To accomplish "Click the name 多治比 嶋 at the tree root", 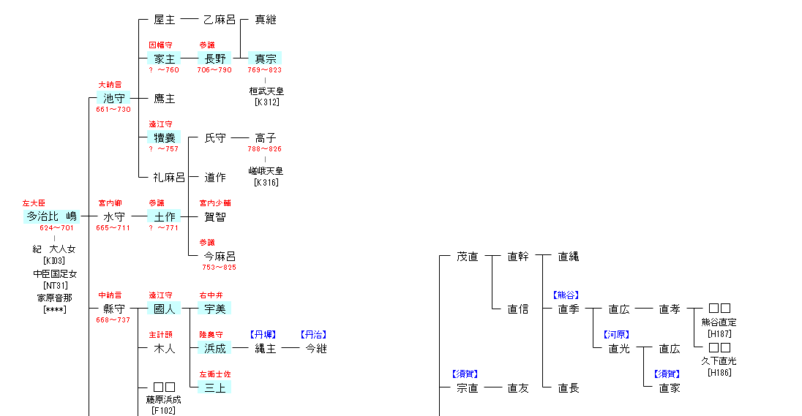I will pos(51,216).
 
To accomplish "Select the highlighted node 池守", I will pos(113,98).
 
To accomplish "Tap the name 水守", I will pos(113,216).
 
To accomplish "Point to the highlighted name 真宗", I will pos(265,58).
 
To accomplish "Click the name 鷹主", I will pos(164,98).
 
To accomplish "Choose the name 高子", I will pos(265,137).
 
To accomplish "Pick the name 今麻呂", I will pos(219,256).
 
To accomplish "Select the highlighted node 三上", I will pos(214,387).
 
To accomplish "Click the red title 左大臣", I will pos(34,203).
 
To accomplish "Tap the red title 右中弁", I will pos(211,295).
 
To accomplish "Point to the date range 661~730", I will pos(113,110).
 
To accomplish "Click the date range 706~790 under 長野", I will pos(214,70).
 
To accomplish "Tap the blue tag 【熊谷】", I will pos(565,295).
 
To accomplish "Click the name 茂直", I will pos(467,256).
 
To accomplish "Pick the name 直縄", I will pos(568,256).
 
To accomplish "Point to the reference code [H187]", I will pos(719,333).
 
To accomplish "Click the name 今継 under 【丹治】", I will pos(315,348).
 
